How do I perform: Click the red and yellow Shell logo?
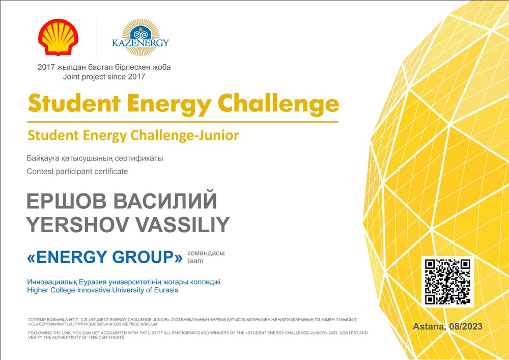(x=58, y=37)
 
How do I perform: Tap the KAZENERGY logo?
(x=140, y=37)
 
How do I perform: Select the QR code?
(x=447, y=282)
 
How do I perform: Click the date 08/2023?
(x=466, y=326)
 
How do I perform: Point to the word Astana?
(x=430, y=326)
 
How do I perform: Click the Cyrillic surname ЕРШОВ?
(x=66, y=201)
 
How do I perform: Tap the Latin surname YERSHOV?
(x=76, y=225)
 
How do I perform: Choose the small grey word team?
(x=195, y=261)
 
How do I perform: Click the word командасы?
(x=206, y=253)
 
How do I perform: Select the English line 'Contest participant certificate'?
(x=77, y=172)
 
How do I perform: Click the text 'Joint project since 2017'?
(x=104, y=77)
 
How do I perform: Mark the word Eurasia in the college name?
(x=165, y=290)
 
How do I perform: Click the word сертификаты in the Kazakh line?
(x=140, y=159)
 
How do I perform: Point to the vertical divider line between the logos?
(x=97, y=39)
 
